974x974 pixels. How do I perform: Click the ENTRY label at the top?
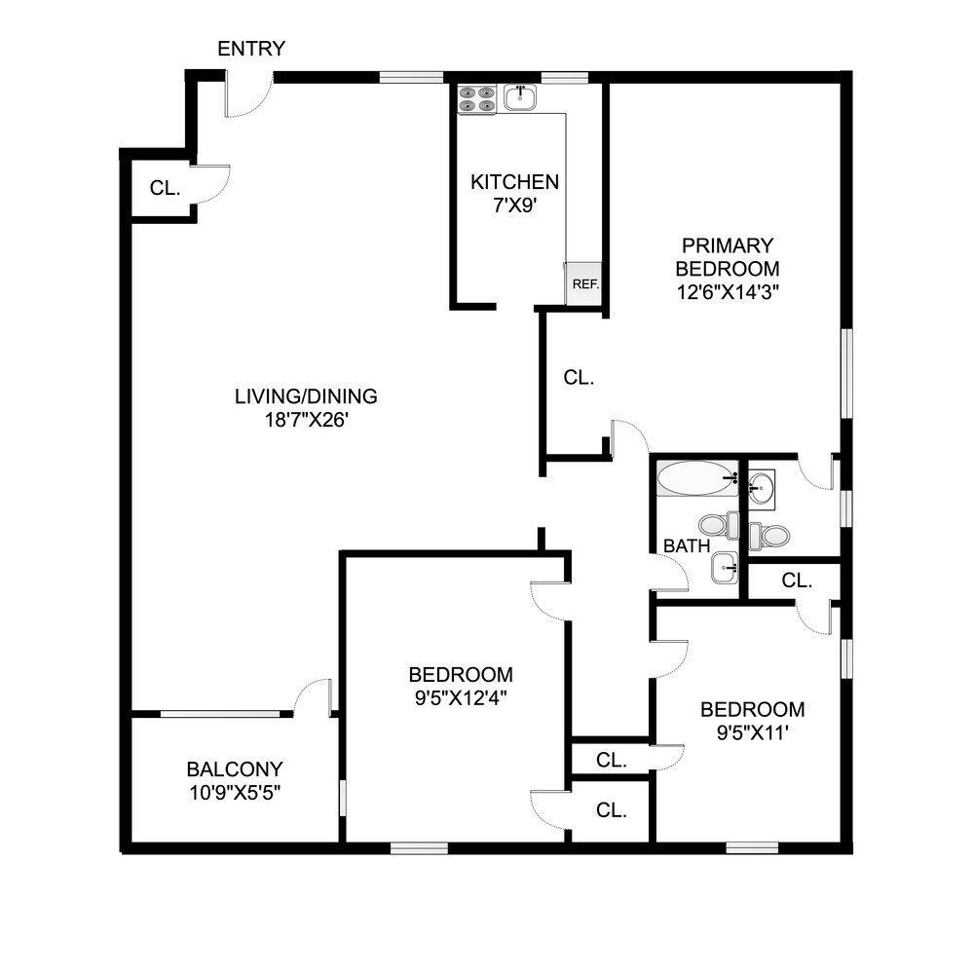click(x=251, y=49)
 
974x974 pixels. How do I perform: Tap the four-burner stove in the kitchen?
click(x=477, y=98)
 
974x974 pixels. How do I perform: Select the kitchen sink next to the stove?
click(x=521, y=96)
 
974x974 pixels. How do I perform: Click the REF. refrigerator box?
click(x=584, y=284)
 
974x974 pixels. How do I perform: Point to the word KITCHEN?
click(x=514, y=182)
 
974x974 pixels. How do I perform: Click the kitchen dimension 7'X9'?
click(x=514, y=206)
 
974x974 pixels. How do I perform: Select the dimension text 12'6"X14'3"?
click(x=728, y=290)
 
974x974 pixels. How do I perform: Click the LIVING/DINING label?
click(x=306, y=396)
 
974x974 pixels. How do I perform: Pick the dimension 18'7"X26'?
click(x=306, y=421)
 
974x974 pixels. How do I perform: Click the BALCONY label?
click(x=235, y=768)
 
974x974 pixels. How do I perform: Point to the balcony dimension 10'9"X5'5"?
click(x=235, y=791)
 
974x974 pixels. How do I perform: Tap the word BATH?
click(x=687, y=546)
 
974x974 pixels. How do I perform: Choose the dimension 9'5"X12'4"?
click(x=460, y=697)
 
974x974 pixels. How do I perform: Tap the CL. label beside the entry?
click(x=165, y=188)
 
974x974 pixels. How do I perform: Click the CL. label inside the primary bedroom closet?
click(x=579, y=378)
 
